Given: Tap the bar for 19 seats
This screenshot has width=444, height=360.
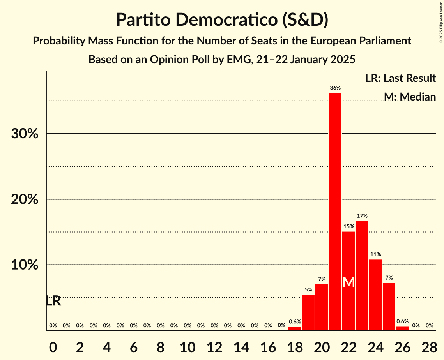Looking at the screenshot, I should tap(308, 312).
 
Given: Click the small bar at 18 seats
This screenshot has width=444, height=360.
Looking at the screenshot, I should tap(295, 328).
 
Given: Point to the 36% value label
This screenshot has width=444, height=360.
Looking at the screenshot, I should tap(335, 88).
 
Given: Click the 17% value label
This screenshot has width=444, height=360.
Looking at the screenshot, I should tap(362, 216).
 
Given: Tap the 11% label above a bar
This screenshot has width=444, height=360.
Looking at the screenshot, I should tap(375, 254).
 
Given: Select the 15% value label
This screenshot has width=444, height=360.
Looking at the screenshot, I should tap(348, 226).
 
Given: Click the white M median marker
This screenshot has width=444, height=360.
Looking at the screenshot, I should tap(349, 282).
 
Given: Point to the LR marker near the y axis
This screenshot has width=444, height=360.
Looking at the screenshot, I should tap(53, 301).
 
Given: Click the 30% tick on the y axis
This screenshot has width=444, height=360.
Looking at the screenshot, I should tap(25, 134).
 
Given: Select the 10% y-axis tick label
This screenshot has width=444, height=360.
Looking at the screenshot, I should tap(25, 265).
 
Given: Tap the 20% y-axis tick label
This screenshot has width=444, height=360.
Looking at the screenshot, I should tap(25, 199).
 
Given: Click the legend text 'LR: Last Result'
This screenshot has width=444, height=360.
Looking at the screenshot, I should tap(400, 78).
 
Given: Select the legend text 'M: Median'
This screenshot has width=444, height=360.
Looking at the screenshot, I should tap(410, 97).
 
